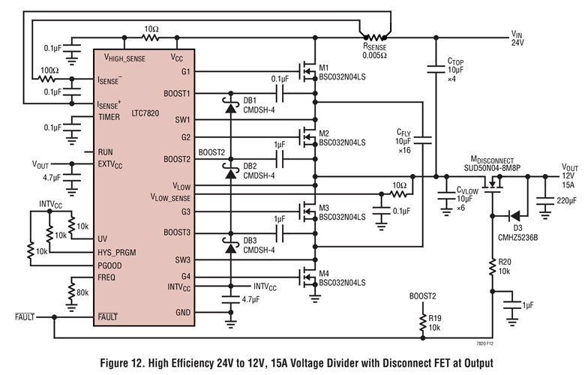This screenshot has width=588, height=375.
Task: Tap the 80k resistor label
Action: tap(81, 292)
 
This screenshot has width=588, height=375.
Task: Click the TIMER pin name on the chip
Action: tap(109, 116)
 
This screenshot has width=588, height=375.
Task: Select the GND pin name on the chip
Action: tap(183, 313)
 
